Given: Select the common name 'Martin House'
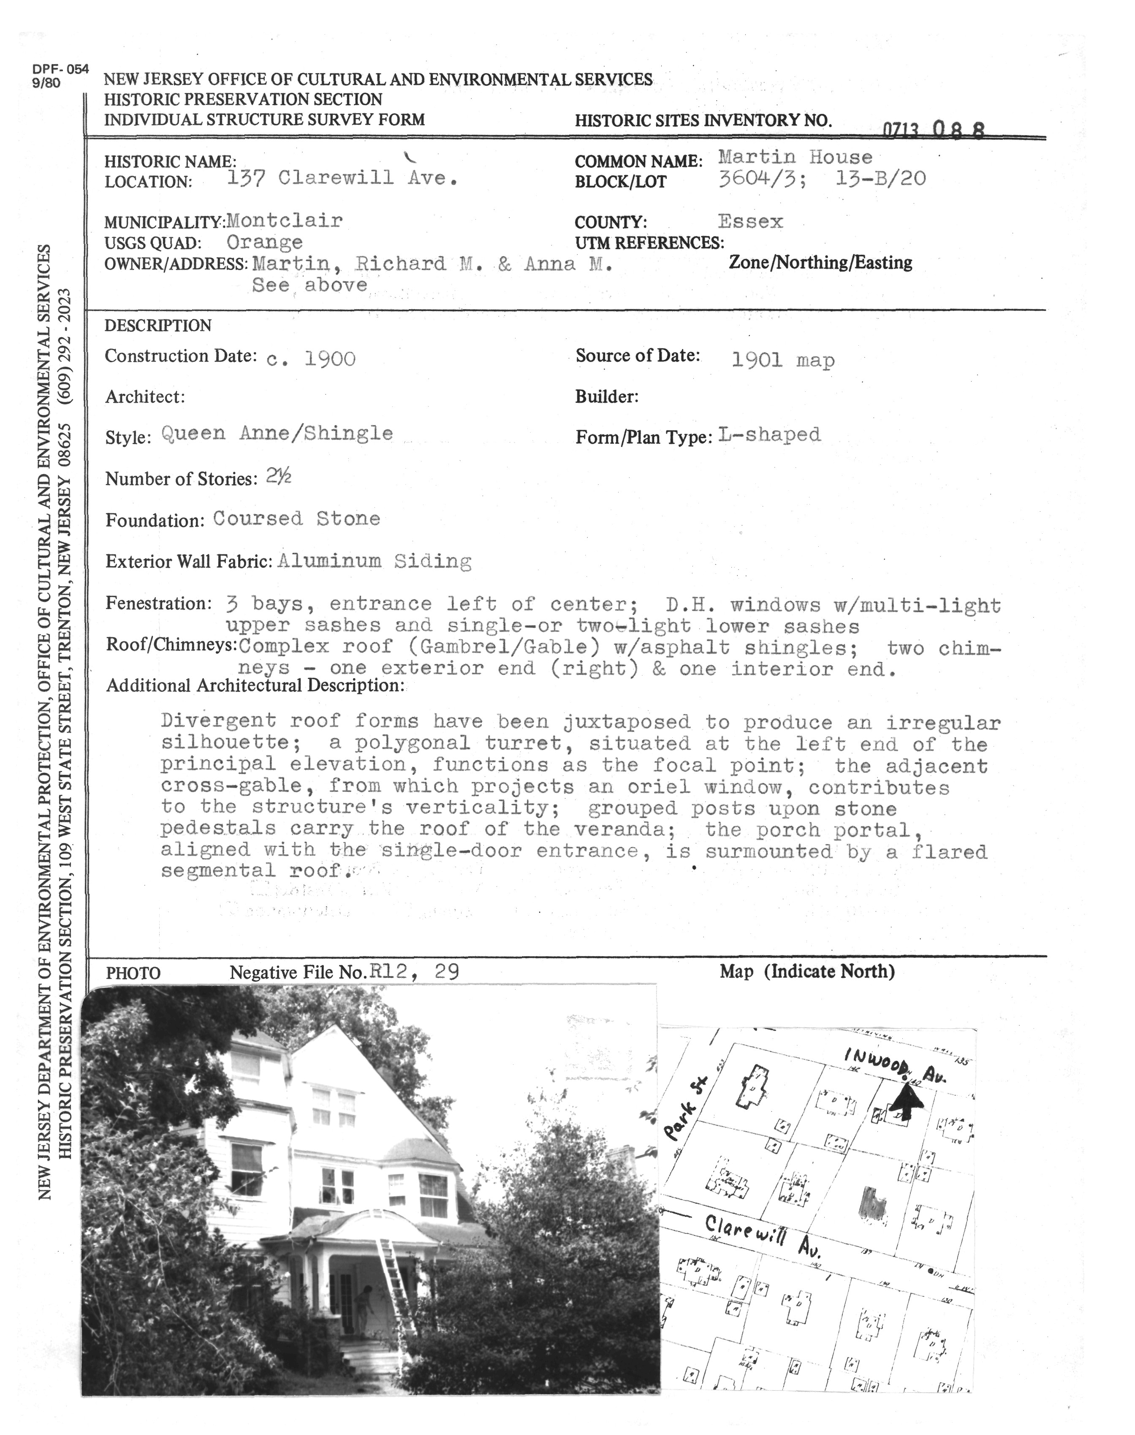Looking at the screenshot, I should click(796, 158).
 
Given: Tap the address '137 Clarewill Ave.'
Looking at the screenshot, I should click(342, 178).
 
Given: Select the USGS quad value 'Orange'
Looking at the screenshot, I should click(264, 242).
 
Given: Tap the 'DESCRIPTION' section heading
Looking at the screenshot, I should click(158, 326).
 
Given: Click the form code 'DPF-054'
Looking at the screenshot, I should click(60, 71).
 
